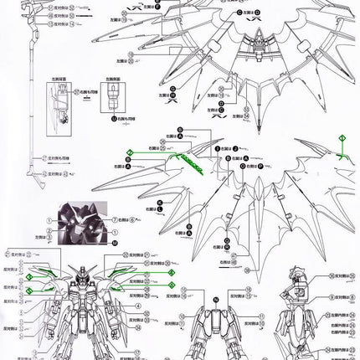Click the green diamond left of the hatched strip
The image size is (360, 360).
click(130, 153)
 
